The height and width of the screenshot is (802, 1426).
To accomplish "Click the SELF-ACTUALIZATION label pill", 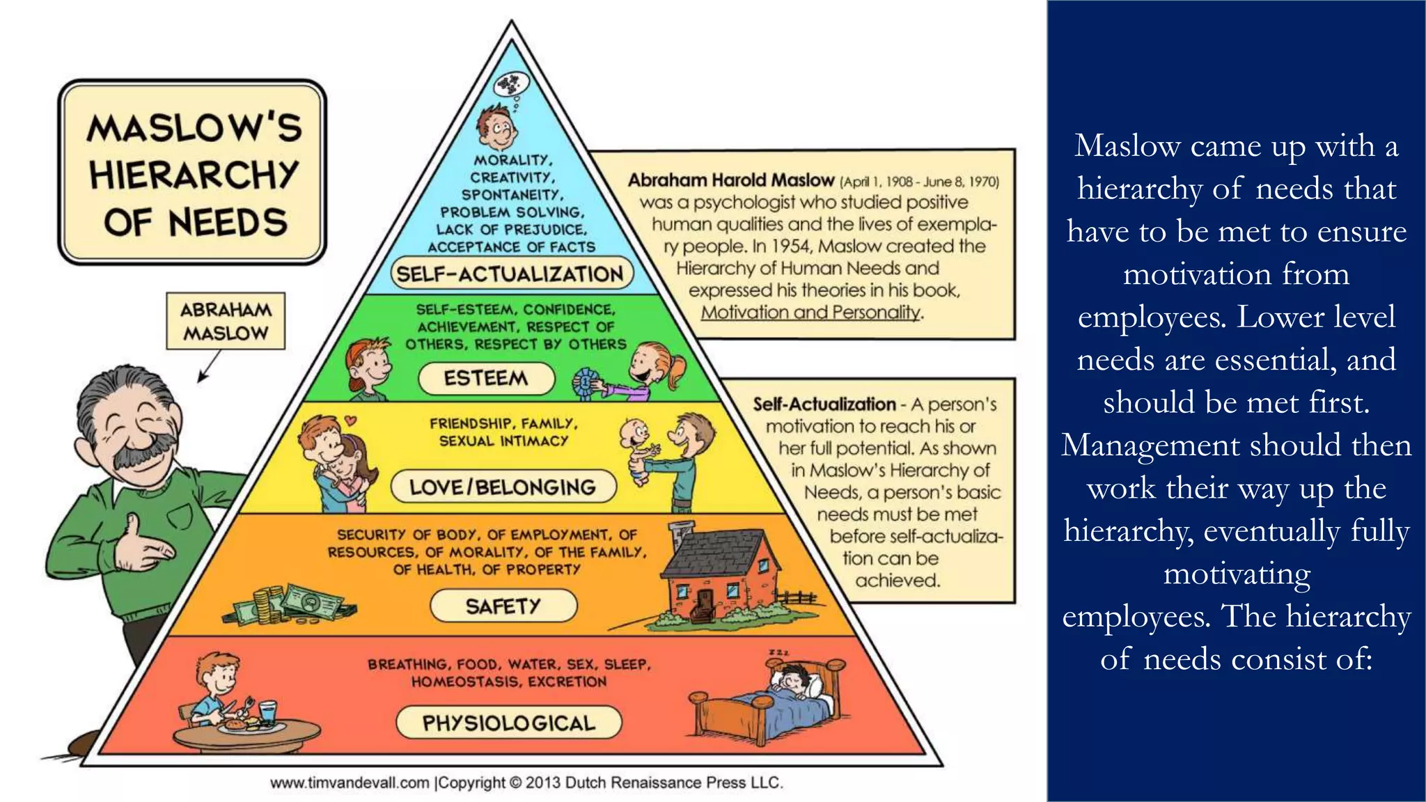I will [510, 274].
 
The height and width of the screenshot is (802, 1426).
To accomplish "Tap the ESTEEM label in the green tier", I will [486, 378].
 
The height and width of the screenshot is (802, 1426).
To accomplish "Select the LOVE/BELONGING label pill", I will [503, 487].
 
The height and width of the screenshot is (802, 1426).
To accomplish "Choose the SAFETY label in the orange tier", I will [503, 606].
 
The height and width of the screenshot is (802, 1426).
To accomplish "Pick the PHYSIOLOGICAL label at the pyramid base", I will [508, 723].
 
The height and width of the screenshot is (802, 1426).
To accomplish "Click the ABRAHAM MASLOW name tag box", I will [226, 321].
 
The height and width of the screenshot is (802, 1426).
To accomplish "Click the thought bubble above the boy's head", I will [511, 86].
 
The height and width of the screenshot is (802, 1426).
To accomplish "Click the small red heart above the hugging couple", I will [351, 420].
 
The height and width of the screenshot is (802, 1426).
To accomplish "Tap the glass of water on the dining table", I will [268, 711].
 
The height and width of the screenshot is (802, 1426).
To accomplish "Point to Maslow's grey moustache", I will [142, 451].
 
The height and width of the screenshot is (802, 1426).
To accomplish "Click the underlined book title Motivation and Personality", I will [810, 313].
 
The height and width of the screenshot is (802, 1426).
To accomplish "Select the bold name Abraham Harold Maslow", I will [730, 180].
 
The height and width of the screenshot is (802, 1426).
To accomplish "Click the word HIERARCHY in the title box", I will [194, 174].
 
